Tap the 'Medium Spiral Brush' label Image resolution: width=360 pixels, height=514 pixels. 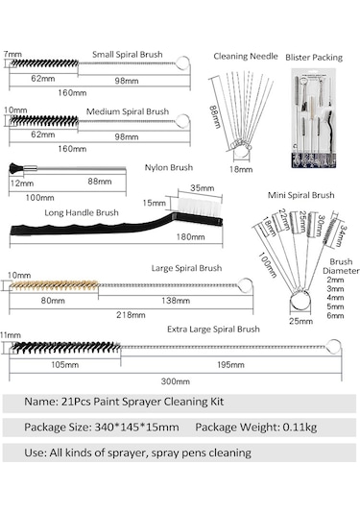130,111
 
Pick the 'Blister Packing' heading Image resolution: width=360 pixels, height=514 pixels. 314,57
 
